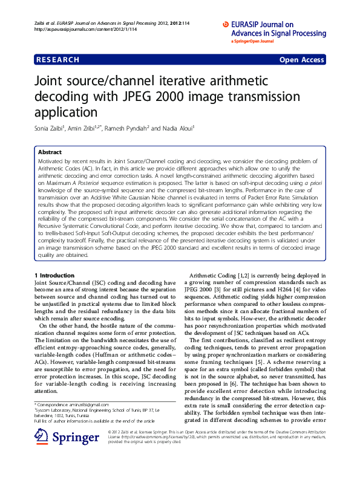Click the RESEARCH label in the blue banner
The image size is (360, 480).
(x=57, y=60)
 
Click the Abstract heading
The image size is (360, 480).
(x=50, y=152)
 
